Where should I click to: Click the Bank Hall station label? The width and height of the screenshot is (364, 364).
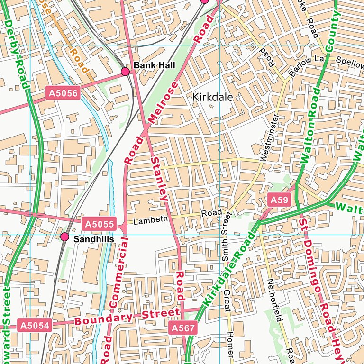click(147, 65)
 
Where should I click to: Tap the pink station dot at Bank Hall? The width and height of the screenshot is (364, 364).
click(126, 72)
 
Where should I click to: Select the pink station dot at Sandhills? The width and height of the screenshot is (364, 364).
click(64, 237)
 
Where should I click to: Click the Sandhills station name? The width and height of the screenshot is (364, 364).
click(93, 240)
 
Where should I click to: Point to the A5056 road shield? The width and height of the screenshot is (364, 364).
click(62, 93)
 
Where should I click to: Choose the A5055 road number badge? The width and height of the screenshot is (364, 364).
click(99, 224)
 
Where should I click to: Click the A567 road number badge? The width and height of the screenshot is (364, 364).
click(182, 328)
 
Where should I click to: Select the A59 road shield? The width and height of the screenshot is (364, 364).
click(279, 200)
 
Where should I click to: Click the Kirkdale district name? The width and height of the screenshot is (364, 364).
click(213, 97)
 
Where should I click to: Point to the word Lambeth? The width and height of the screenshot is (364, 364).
click(150, 220)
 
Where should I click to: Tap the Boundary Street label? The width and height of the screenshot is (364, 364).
click(127, 317)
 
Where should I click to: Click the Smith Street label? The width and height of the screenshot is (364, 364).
click(225, 237)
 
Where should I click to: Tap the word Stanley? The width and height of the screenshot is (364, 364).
click(159, 178)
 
